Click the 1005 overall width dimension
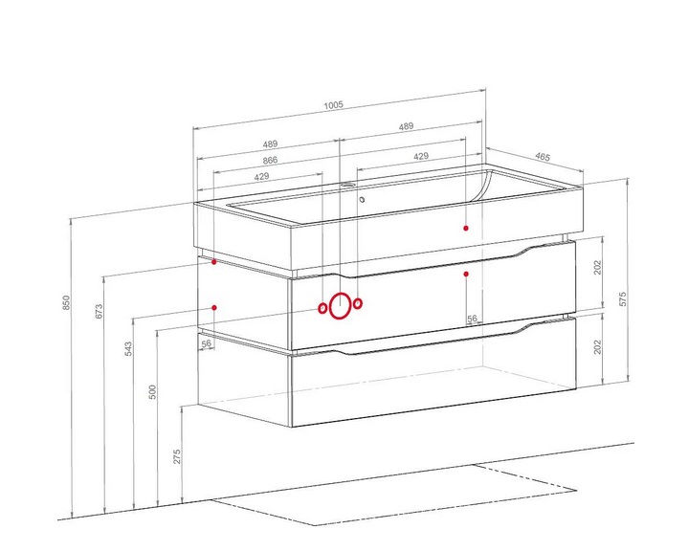[x=333, y=105]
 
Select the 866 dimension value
[x=270, y=160]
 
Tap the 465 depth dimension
[x=543, y=157]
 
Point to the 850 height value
[x=66, y=302]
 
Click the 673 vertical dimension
[x=100, y=311]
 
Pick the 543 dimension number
[x=128, y=348]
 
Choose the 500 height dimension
[x=153, y=392]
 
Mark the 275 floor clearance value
[x=177, y=456]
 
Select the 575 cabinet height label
[x=623, y=298]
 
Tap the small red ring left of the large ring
[x=322, y=309]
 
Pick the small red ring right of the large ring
[x=358, y=303]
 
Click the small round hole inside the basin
[x=362, y=200]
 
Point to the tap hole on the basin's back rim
[x=347, y=185]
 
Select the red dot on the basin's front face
[x=466, y=228]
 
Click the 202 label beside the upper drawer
[x=598, y=267]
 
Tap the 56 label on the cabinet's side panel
[x=207, y=343]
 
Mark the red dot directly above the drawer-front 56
[x=466, y=275]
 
